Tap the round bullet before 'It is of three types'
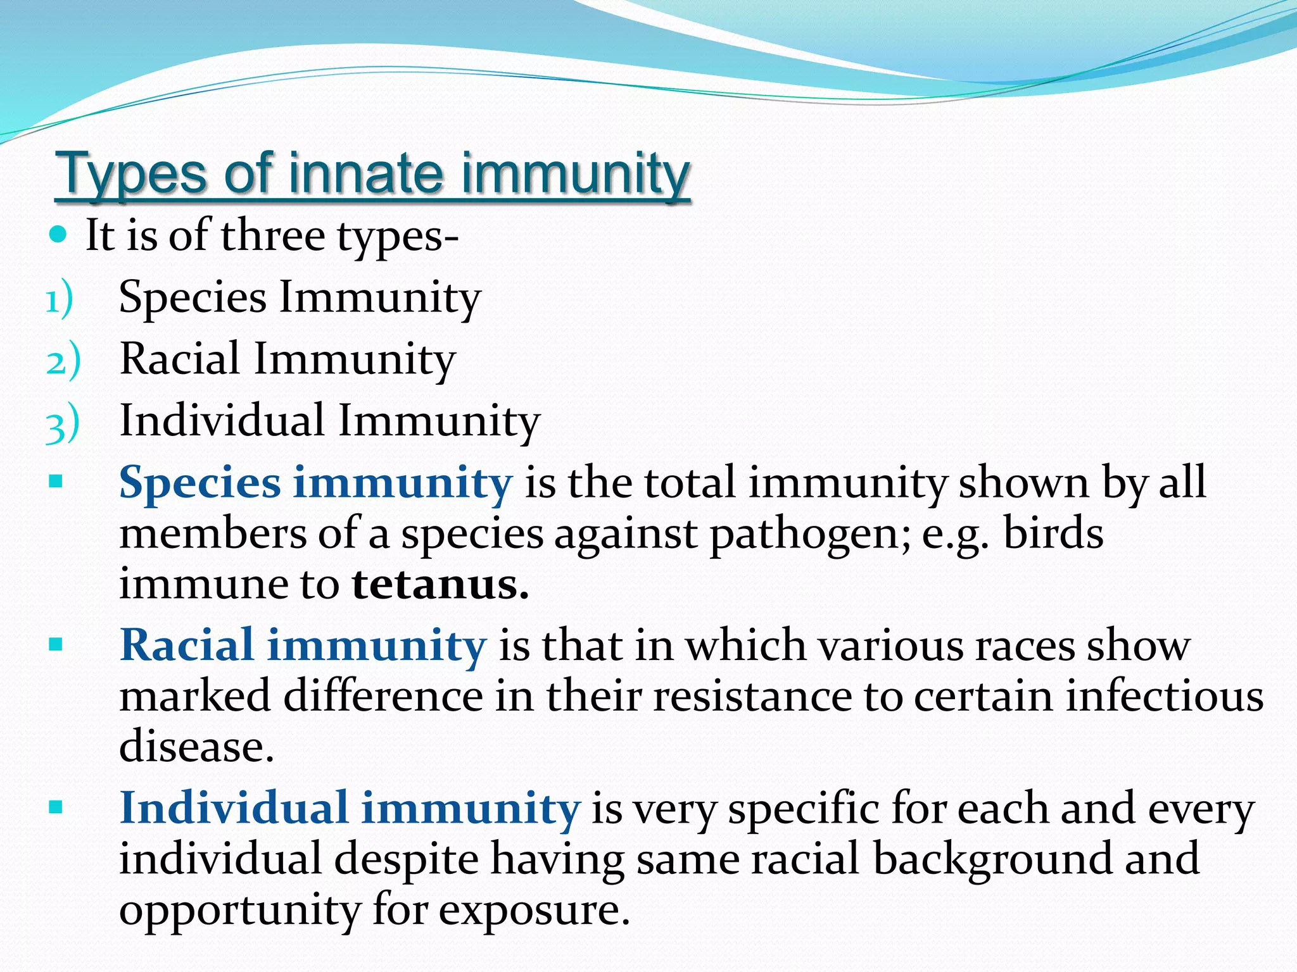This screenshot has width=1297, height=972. click(58, 235)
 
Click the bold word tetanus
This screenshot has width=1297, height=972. click(440, 584)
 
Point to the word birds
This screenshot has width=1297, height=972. click(1053, 533)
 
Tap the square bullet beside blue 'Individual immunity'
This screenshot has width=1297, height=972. click(56, 808)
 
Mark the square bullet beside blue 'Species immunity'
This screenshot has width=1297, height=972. click(56, 483)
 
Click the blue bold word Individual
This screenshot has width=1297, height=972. click(234, 808)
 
